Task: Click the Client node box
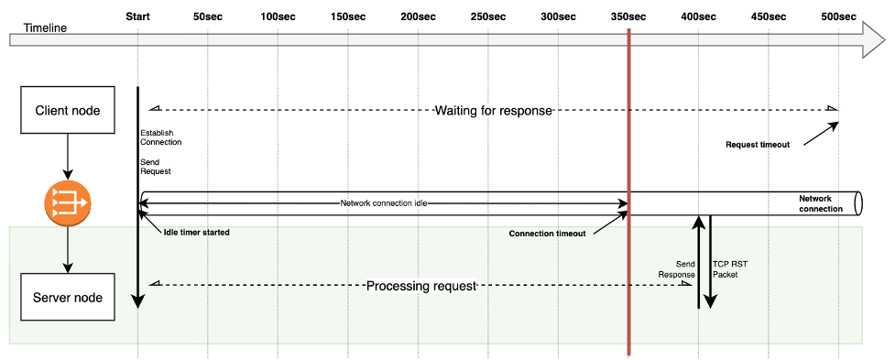68,112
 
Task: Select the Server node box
68,297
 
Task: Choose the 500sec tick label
839,16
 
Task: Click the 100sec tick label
278,16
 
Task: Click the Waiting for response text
493,111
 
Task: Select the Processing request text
421,286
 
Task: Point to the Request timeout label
757,145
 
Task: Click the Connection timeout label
547,233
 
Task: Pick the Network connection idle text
384,202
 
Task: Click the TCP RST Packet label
730,268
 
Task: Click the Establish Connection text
160,137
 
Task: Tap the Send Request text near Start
156,166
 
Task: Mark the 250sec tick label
487,16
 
